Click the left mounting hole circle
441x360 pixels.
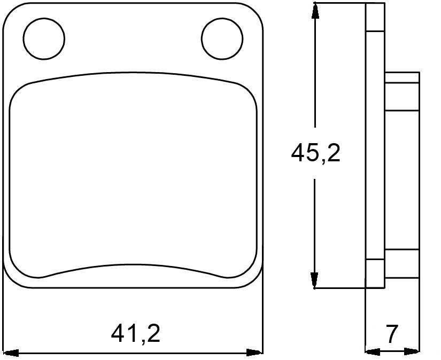[44, 38]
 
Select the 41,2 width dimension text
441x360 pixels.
[136, 334]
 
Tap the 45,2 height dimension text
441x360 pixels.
[315, 154]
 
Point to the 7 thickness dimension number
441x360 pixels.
[392, 334]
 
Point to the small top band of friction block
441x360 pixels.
[401, 78]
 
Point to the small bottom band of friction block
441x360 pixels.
[401, 255]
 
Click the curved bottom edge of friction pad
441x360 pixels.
[134, 267]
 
